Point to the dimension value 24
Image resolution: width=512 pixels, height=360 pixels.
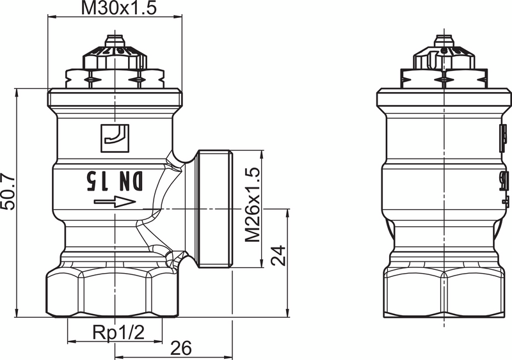pos(276,256)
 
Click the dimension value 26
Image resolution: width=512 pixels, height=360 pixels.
pos(180,348)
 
